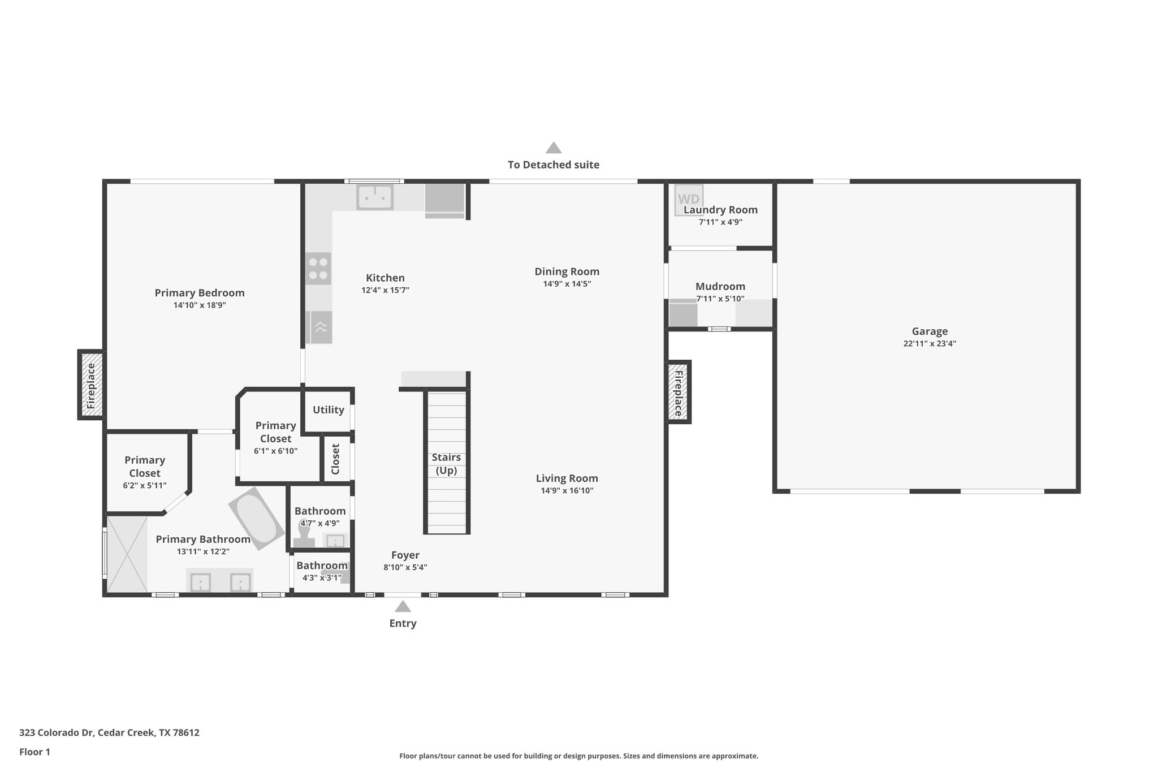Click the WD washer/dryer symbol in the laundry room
point(689,199)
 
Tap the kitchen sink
point(374,197)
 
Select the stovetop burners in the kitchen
point(318,269)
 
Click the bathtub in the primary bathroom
point(257,519)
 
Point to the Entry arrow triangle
point(403,607)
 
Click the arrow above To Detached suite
point(554,148)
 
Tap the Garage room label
point(930,331)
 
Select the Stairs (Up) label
point(446,464)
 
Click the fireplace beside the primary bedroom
point(91,385)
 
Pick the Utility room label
point(329,410)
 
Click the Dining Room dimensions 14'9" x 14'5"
point(567,284)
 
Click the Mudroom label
point(720,286)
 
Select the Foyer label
point(405,555)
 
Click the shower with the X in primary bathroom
point(127,554)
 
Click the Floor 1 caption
point(35,752)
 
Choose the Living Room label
point(567,478)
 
